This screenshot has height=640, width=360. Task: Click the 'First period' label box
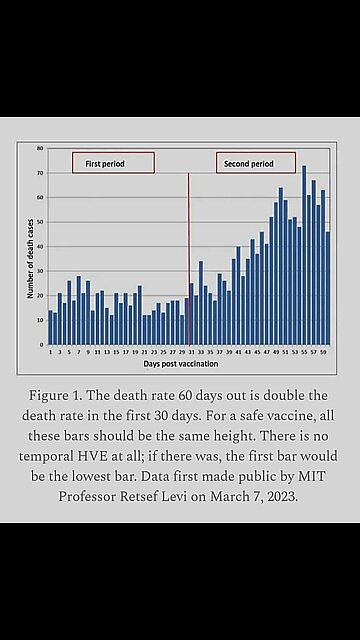click(112, 162)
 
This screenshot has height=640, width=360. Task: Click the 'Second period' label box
click(256, 162)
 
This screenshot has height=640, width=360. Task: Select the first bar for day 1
click(50, 327)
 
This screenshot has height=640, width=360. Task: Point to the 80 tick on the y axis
click(40, 148)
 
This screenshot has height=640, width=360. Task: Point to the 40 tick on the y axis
click(40, 246)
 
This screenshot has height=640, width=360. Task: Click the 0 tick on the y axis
click(41, 344)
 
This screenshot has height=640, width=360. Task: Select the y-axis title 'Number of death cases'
click(30, 246)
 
